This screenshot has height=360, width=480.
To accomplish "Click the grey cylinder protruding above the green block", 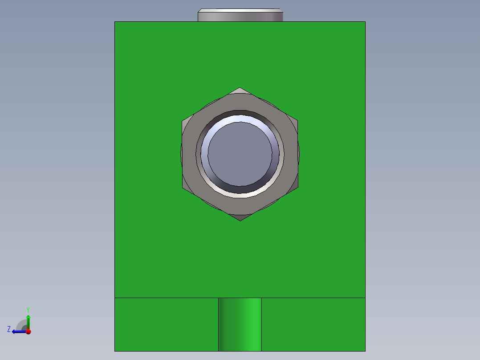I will point(240,16).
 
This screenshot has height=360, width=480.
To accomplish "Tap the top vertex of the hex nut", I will point(240,88).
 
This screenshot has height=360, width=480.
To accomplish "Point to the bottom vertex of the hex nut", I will point(240,221).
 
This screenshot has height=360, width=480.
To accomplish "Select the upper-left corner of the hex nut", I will point(183,121).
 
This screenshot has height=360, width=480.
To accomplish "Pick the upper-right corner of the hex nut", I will point(297,121).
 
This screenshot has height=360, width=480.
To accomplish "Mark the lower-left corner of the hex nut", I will point(183,188).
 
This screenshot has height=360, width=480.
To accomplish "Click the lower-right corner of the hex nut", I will point(297,188).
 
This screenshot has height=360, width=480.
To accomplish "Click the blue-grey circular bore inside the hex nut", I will point(240,154).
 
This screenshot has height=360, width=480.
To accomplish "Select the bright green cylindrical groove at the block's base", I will point(240,324).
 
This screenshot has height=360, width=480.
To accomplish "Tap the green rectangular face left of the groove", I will point(167,324).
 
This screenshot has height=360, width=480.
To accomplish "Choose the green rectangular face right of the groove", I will point(313,324).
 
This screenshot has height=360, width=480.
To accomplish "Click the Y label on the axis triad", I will point(28,309).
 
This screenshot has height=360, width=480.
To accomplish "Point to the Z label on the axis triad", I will point(9,329).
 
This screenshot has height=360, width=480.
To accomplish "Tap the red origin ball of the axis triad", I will point(28,331).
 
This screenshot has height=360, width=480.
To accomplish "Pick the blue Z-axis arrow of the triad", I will point(18,331).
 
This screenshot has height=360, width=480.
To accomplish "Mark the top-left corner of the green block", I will point(115,22).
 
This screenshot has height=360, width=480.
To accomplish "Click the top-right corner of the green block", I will point(365,22).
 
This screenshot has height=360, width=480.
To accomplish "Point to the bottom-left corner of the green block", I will point(115,351).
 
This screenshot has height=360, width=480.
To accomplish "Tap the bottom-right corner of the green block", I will point(365,351).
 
